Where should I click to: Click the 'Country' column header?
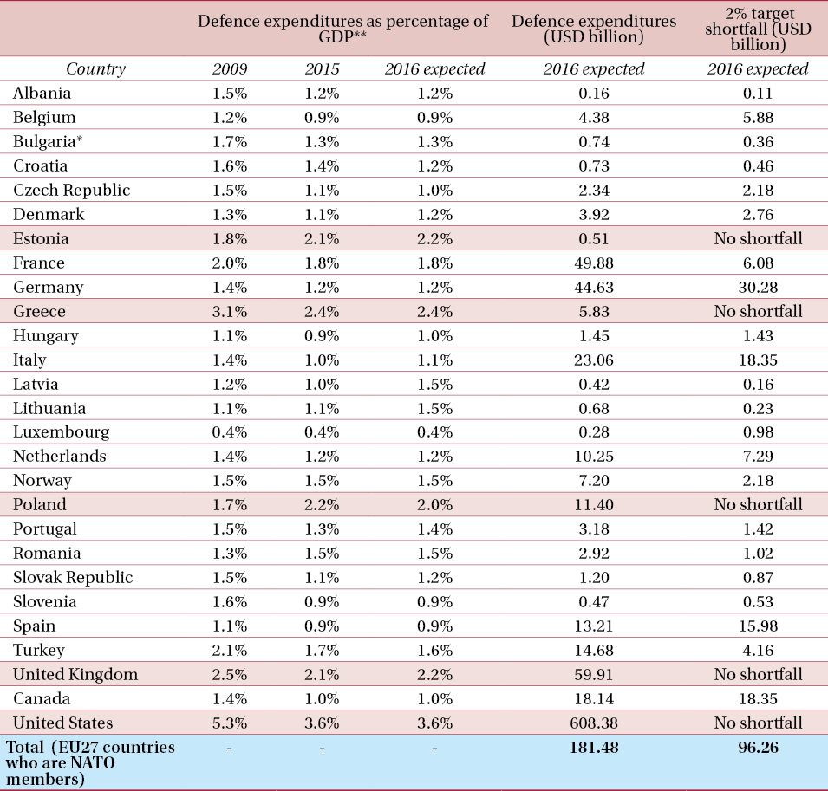click(x=95, y=69)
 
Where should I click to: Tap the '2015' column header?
click(x=322, y=69)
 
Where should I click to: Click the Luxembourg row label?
click(x=61, y=431)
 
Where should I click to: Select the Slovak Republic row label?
click(x=73, y=577)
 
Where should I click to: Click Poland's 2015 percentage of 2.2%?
click(x=322, y=504)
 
